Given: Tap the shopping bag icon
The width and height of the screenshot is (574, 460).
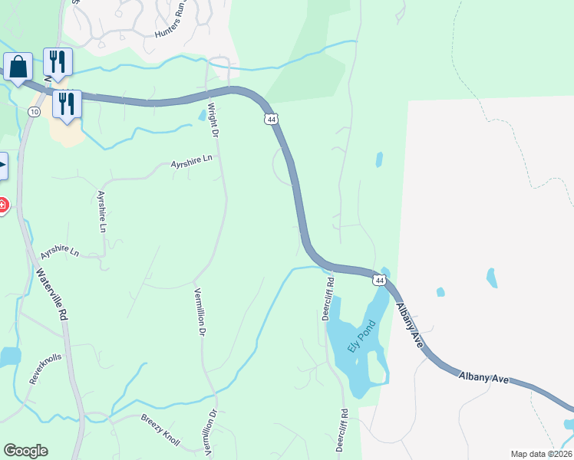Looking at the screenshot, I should [18, 66].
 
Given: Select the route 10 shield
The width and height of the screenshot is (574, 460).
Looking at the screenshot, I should [34, 112].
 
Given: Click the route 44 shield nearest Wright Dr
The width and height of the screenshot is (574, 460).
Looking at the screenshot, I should [271, 119].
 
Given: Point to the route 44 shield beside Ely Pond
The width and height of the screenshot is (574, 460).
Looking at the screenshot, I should [379, 280].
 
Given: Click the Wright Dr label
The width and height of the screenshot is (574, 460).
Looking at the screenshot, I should [214, 121].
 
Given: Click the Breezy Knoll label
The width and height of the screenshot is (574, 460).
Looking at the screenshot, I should [160, 430].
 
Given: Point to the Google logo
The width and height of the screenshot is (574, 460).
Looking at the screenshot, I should [25, 451].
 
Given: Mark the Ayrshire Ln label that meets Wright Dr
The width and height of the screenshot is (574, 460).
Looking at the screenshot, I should [190, 161].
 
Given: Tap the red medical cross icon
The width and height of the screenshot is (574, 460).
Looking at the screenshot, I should [2, 205].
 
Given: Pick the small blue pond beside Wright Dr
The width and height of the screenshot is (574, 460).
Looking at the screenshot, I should [201, 115].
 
